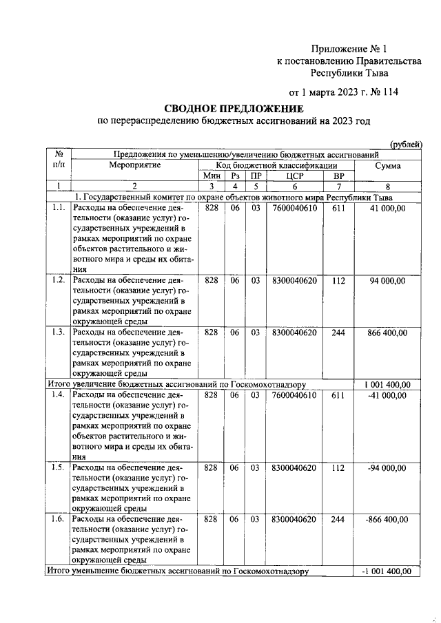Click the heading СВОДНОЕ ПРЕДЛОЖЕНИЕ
[x=234, y=109]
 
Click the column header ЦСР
[x=294, y=176]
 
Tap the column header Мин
[x=211, y=176]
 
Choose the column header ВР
[x=338, y=176]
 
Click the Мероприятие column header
[x=135, y=166]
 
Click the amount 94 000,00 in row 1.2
[x=387, y=280]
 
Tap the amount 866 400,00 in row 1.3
[x=384, y=332]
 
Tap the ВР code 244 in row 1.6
[x=338, y=519]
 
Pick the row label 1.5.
[x=59, y=467]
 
